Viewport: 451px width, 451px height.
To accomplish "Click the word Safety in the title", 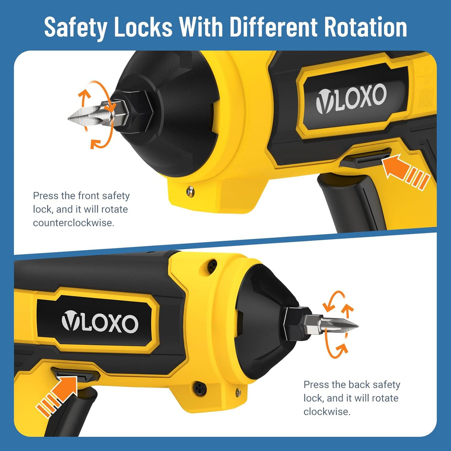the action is point(75,27).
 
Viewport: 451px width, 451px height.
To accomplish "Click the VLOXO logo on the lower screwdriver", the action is point(100,321).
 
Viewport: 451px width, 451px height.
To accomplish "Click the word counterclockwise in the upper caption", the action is point(73,223).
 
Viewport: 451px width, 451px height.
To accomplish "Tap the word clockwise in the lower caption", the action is point(327,412).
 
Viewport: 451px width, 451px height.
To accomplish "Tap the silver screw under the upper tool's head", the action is point(190,191).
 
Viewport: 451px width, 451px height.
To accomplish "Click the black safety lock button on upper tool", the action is point(365,157).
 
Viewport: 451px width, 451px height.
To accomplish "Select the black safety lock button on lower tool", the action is point(75,375).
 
